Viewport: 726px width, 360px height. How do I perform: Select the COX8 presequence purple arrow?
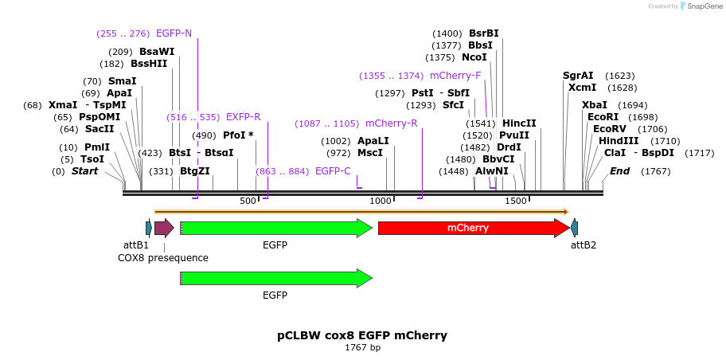point(164,229)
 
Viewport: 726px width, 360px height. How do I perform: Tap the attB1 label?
point(136,245)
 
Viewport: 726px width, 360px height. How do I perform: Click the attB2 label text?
point(584,245)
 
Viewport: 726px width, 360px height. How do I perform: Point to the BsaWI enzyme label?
point(157,52)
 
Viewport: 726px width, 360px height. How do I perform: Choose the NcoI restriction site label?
point(474,57)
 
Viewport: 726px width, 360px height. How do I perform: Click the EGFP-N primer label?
point(174,33)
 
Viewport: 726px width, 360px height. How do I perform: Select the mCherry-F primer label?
point(455,76)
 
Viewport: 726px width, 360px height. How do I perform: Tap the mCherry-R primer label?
point(391,123)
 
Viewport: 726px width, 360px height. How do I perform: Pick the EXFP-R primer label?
point(243,117)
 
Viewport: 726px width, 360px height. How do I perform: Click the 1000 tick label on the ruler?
point(381,201)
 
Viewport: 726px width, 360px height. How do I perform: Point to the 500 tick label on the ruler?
point(248,201)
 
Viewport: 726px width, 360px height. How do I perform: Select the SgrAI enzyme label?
point(579,76)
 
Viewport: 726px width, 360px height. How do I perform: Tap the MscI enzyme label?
point(370,153)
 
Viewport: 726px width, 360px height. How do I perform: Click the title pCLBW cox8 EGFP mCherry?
point(362,335)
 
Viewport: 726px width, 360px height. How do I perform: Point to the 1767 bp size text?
point(362,348)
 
